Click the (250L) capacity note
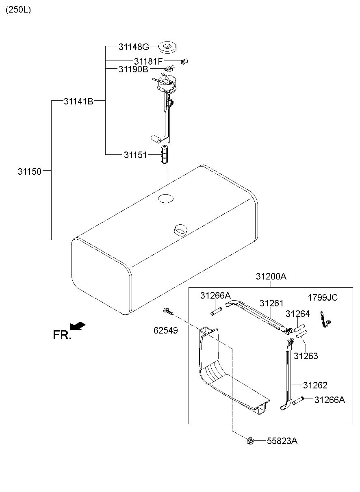tap(18, 10)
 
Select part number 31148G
tap(134, 47)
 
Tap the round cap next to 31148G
tap(167, 47)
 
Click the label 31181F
tap(148, 61)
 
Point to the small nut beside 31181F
tap(184, 61)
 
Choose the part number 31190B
tap(133, 69)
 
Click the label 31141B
tap(79, 101)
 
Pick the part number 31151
tap(135, 155)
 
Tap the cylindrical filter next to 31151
tap(165, 154)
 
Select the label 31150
tap(30, 171)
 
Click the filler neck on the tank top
tap(180, 230)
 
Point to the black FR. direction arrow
tap(78, 326)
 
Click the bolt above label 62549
tap(169, 311)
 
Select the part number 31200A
tap(271, 276)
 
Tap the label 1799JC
tap(323, 297)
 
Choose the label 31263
tap(306, 356)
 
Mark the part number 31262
tap(315, 385)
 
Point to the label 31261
tap(271, 303)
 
